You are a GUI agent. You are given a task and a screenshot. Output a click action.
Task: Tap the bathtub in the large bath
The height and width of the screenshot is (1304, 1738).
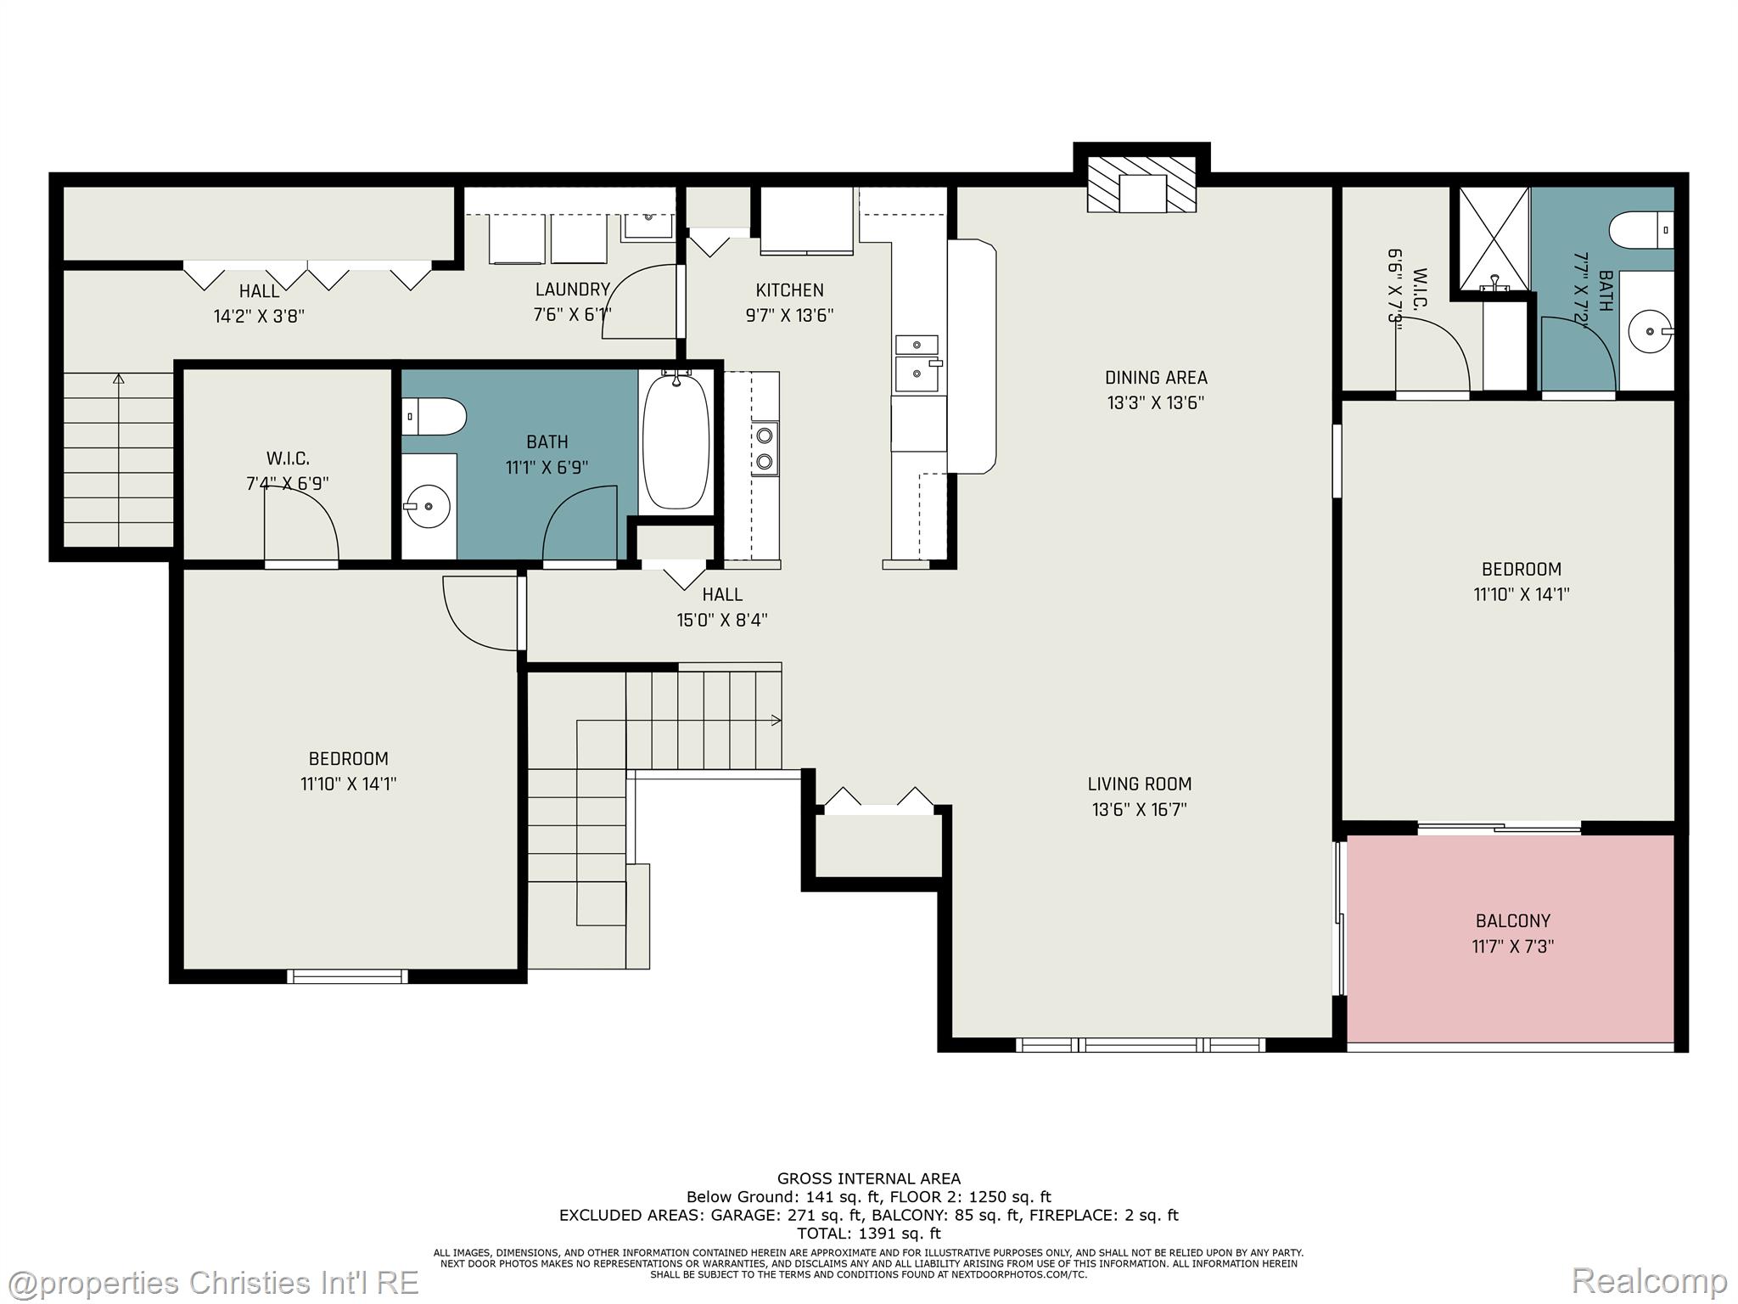[676, 442]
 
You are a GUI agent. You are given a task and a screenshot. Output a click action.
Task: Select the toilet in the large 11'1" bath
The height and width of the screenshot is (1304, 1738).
[434, 417]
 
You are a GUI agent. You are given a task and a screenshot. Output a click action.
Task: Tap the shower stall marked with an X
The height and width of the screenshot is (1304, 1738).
[1494, 239]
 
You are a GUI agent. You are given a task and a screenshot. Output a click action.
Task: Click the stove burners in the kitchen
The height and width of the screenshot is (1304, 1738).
[765, 448]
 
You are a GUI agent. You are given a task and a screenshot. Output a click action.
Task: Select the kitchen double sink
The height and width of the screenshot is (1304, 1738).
[917, 360]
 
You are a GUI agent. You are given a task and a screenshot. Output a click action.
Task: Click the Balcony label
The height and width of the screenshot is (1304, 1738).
[1512, 920]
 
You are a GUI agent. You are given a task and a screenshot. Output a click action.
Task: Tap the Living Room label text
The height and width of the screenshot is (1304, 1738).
[1140, 784]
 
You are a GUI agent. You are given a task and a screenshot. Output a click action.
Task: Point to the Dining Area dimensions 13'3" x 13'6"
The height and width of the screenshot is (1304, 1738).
[1156, 402]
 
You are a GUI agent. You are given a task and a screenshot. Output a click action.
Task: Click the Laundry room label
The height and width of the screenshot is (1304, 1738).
[572, 289]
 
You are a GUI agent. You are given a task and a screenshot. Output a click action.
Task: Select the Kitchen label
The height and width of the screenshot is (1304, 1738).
[789, 289]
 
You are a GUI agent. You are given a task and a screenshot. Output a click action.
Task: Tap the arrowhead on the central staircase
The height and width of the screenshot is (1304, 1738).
[776, 721]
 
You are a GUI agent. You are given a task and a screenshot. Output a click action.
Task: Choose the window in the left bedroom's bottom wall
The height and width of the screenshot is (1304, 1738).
[347, 976]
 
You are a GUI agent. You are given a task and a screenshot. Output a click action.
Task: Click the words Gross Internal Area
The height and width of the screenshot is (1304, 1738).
[869, 1178]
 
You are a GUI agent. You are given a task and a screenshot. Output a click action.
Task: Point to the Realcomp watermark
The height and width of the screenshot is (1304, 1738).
[1649, 1280]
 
